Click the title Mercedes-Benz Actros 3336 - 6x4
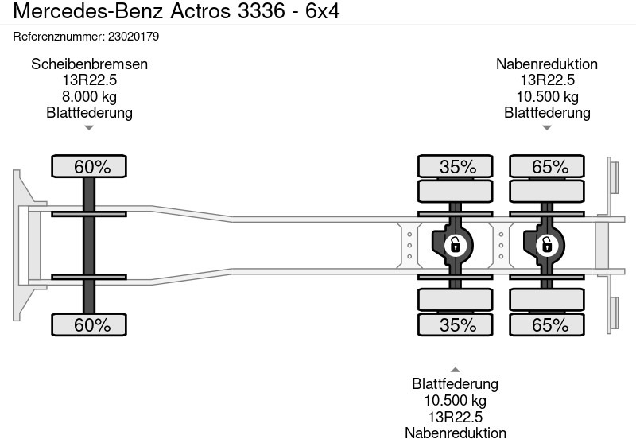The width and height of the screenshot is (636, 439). [x=170, y=14]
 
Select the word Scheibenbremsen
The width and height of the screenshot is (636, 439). [x=89, y=64]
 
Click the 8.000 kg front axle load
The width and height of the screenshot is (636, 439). [x=89, y=96]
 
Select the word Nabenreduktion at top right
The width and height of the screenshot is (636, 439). [x=547, y=64]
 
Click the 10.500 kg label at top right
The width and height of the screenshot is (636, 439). [x=547, y=96]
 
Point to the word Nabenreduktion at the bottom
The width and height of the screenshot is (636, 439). [x=455, y=433]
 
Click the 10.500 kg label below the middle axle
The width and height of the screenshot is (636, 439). [x=455, y=401]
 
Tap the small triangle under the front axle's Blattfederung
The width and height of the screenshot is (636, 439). [x=89, y=127]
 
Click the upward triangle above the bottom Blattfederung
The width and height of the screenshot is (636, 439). [x=455, y=369]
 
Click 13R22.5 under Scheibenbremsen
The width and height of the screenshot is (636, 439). [x=89, y=80]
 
